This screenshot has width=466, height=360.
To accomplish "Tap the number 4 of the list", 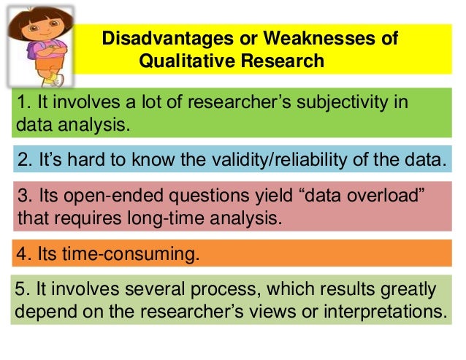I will point(22,256).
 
